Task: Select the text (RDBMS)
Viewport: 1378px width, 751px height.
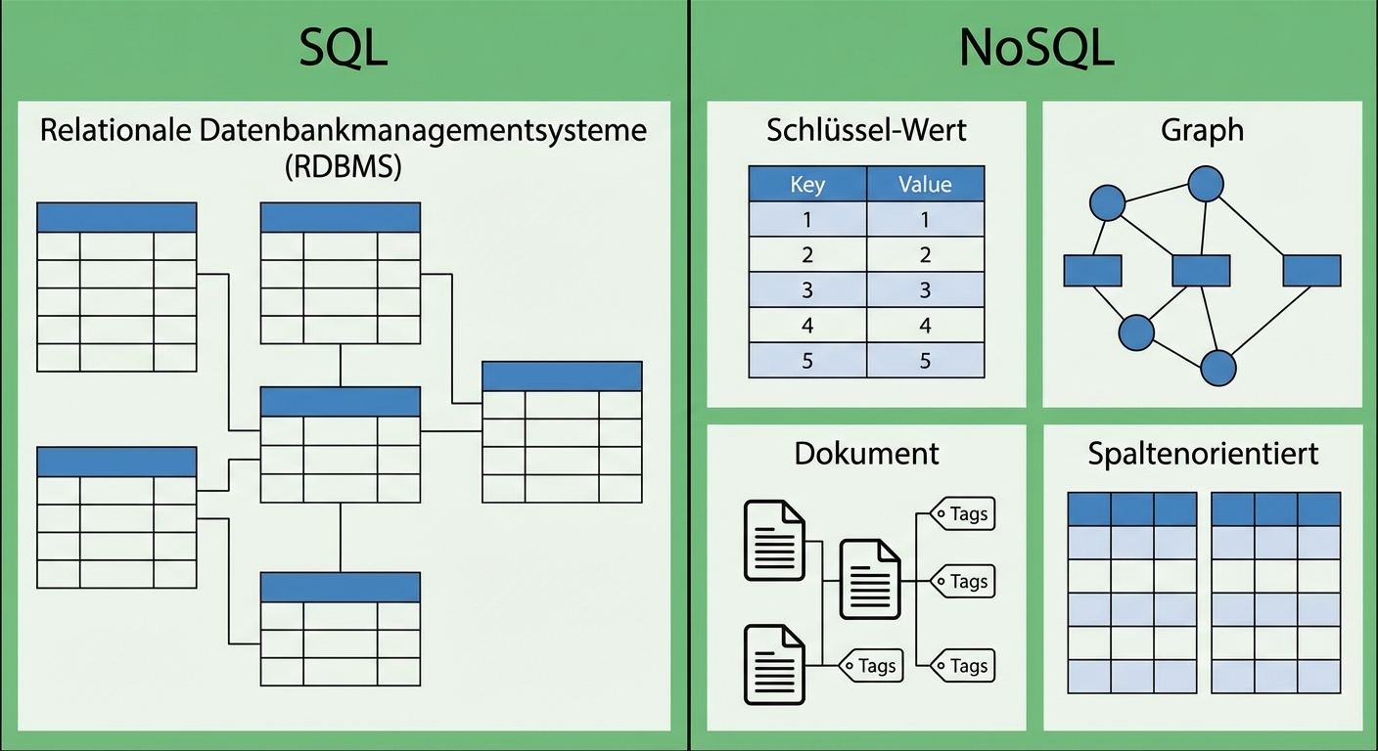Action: click(x=343, y=166)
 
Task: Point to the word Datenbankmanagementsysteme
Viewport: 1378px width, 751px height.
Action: click(x=423, y=130)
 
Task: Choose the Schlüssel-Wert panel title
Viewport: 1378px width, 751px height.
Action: click(x=866, y=130)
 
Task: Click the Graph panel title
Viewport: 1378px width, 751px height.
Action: click(x=1202, y=130)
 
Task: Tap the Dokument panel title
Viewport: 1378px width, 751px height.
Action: click(x=866, y=453)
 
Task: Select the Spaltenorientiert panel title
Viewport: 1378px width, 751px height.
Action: click(x=1203, y=453)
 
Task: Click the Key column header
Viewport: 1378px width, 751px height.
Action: click(x=807, y=184)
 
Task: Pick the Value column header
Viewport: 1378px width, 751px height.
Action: click(x=925, y=184)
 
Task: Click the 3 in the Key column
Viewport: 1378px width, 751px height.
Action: click(x=807, y=290)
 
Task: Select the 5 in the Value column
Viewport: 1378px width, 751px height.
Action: click(x=925, y=361)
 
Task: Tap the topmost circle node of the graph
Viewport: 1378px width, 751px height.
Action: click(x=1206, y=183)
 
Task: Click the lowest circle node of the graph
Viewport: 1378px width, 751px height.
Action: click(x=1218, y=368)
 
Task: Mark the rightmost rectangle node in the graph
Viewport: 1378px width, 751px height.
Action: click(x=1311, y=270)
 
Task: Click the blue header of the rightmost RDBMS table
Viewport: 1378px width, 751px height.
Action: click(x=562, y=376)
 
